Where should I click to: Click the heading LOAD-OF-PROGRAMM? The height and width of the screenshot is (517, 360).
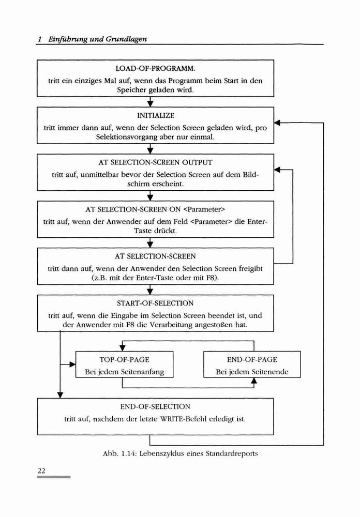[155, 69]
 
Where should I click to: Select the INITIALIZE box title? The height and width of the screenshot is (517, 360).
[155, 115]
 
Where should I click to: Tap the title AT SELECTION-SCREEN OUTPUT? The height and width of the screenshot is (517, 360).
[155, 162]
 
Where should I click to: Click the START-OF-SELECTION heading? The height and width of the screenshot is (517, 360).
[155, 303]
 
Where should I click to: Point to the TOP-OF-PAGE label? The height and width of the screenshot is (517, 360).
[125, 359]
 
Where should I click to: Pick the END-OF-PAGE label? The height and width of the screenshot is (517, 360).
[252, 359]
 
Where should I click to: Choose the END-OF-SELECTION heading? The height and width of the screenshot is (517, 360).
[155, 406]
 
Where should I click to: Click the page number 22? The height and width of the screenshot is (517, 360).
[41, 470]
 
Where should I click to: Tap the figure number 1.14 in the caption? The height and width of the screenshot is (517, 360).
[129, 453]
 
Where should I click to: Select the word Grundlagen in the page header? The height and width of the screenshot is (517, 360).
[126, 39]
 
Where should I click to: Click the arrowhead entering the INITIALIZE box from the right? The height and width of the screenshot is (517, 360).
[277, 123]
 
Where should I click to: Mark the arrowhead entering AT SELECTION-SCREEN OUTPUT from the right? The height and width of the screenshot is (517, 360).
[277, 170]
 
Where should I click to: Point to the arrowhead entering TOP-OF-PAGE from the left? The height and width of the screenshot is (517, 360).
[72, 364]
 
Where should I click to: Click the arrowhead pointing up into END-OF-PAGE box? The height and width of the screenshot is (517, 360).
[254, 381]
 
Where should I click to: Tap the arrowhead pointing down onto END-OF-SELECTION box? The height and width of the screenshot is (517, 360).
[60, 395]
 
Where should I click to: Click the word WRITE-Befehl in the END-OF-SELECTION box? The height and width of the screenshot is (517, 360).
[184, 419]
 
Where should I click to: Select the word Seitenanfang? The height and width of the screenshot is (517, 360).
[142, 372]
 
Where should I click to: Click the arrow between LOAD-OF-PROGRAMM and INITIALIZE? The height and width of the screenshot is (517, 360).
[150, 102]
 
